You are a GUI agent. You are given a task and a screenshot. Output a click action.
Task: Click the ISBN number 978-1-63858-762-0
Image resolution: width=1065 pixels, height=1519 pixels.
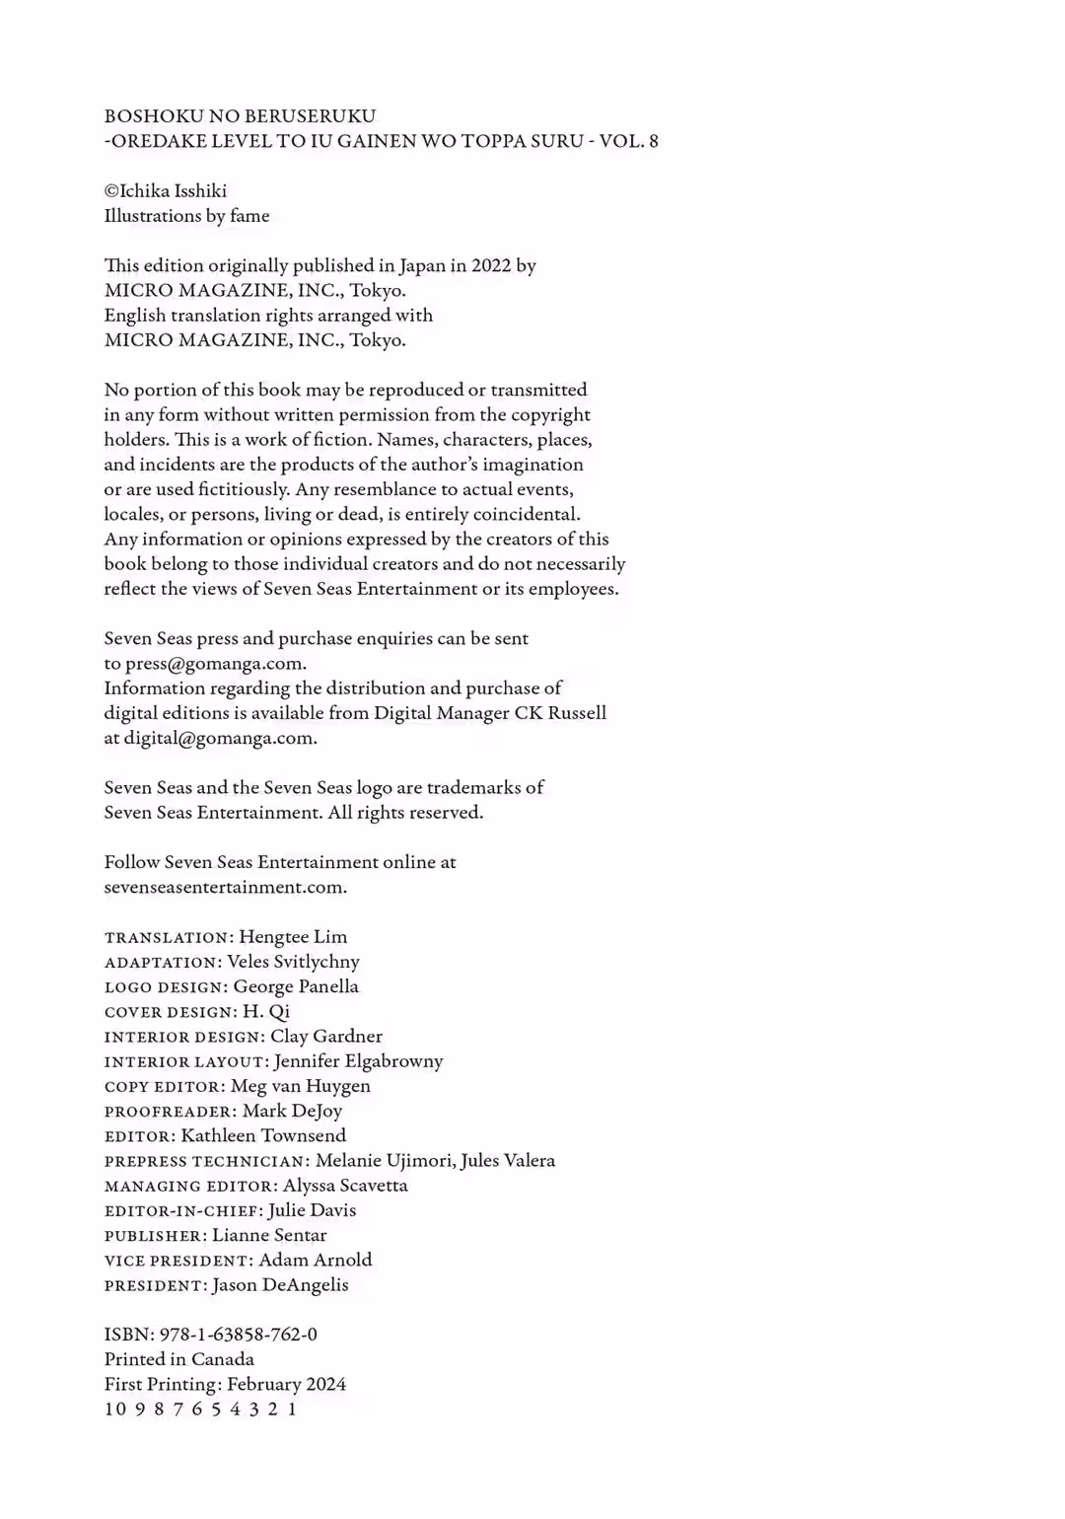point(238,1335)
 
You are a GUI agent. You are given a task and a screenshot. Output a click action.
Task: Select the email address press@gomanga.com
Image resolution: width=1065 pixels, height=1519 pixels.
point(214,664)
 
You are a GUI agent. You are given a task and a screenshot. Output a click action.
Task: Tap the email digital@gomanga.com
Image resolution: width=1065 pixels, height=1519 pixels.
point(219,738)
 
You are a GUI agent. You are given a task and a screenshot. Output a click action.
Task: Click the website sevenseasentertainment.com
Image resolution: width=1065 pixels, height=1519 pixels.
point(224,887)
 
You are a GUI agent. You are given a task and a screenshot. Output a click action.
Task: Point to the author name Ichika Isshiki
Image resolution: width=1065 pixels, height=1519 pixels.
point(173,191)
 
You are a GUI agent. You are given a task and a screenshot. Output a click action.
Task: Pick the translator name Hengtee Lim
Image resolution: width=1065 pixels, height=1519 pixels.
point(293,937)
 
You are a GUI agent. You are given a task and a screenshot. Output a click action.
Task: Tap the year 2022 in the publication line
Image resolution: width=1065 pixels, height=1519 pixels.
point(491,265)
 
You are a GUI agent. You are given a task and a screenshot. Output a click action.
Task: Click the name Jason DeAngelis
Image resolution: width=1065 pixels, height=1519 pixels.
point(280,1285)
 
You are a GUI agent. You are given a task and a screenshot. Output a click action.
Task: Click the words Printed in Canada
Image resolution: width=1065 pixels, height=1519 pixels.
point(179,1359)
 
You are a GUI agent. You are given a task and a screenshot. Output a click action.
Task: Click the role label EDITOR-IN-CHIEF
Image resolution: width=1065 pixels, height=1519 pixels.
point(182,1211)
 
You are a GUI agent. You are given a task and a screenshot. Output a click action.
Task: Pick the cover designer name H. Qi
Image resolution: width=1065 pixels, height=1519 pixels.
point(266,1012)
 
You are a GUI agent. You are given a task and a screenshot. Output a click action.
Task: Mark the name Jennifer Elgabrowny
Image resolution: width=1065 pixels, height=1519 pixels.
point(358,1061)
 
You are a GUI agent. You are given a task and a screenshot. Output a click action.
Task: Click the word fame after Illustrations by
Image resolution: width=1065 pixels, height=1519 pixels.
point(249,216)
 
